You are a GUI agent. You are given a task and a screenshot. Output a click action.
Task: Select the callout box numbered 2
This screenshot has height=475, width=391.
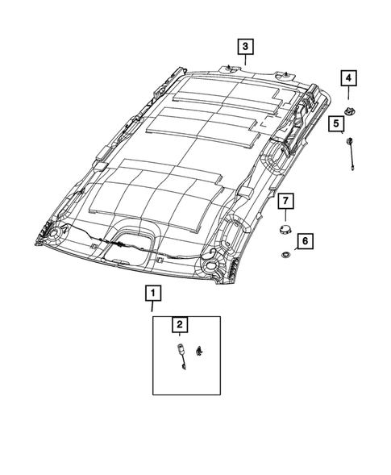(x=180, y=325)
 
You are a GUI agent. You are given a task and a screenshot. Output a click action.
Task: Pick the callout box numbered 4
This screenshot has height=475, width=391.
(x=348, y=78)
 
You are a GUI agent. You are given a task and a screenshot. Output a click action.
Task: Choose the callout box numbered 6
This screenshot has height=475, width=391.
(x=305, y=240)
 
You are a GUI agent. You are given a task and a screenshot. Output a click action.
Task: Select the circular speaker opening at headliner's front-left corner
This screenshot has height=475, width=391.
(x=57, y=234)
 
